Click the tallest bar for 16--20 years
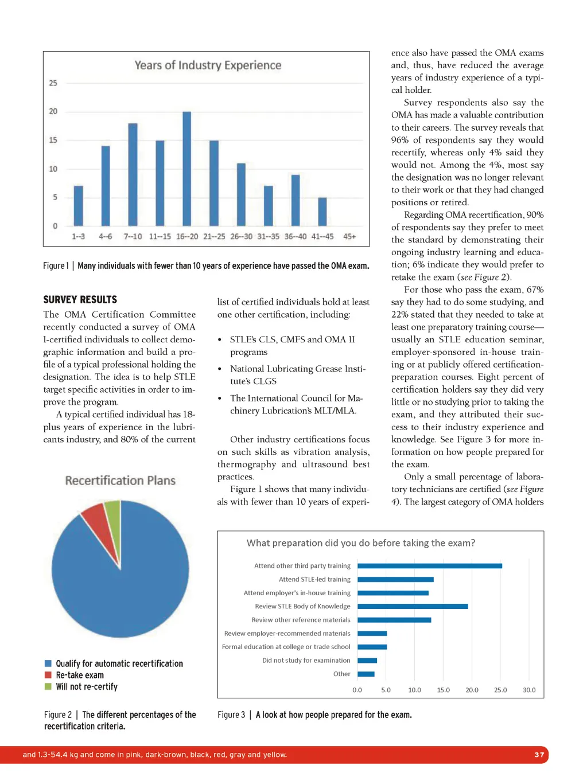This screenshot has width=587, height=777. click(186, 169)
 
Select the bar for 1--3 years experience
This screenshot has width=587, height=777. click(79, 205)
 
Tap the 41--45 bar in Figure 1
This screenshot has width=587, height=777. click(322, 212)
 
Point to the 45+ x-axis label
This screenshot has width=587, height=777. click(349, 236)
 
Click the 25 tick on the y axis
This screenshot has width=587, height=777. click(53, 83)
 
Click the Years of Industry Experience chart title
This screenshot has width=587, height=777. click(208, 65)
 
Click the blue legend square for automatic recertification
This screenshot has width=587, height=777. click(48, 663)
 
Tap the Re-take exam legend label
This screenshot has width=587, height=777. click(80, 675)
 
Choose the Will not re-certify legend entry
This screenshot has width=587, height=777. click(86, 686)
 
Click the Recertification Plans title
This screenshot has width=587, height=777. click(120, 481)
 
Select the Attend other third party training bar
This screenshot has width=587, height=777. click(429, 566)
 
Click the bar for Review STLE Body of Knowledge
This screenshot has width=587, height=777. click(412, 606)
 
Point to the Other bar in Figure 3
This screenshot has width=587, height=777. click(366, 674)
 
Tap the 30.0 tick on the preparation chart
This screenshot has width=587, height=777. click(528, 690)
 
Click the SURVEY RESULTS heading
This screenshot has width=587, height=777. click(80, 299)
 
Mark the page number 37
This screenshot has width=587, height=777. click(539, 755)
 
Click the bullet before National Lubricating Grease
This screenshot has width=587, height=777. click(220, 369)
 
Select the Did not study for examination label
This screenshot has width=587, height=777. click(306, 661)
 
